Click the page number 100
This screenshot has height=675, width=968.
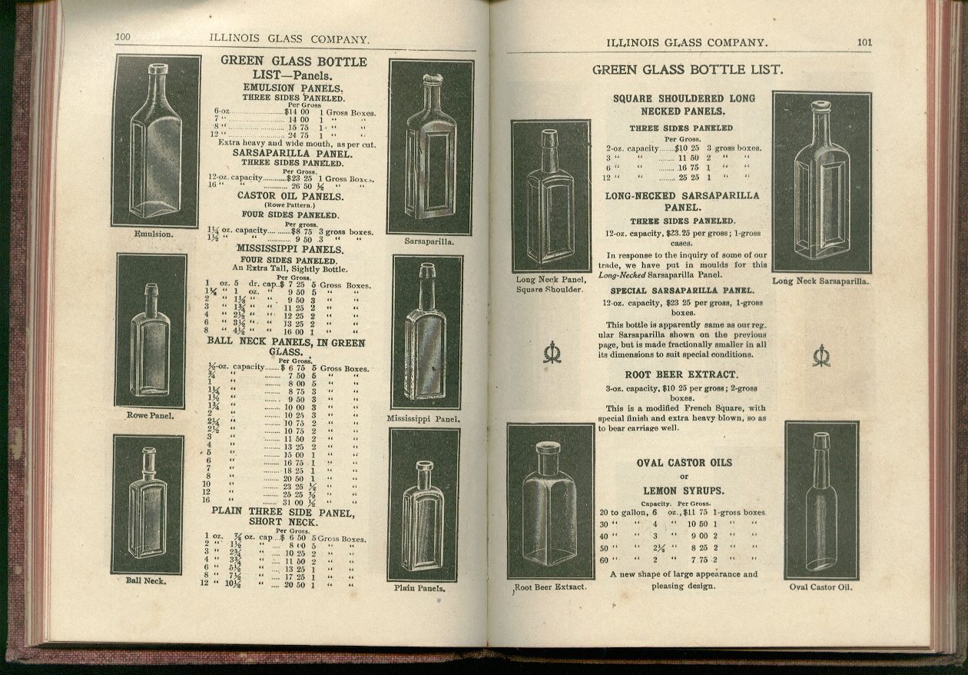(123, 38)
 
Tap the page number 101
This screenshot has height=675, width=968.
(864, 42)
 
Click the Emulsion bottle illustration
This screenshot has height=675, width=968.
(156, 141)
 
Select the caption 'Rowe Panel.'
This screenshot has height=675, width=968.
(151, 416)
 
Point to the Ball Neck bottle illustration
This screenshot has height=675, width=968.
(148, 504)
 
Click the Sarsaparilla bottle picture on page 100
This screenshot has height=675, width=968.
(429, 147)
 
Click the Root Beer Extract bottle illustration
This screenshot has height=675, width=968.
(550, 501)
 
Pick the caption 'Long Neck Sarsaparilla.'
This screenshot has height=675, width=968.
(820, 281)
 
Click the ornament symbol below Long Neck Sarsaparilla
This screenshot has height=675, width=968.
(821, 355)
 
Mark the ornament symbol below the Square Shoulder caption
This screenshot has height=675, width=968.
(551, 352)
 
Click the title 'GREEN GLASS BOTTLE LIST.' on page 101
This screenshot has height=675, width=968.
(687, 70)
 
